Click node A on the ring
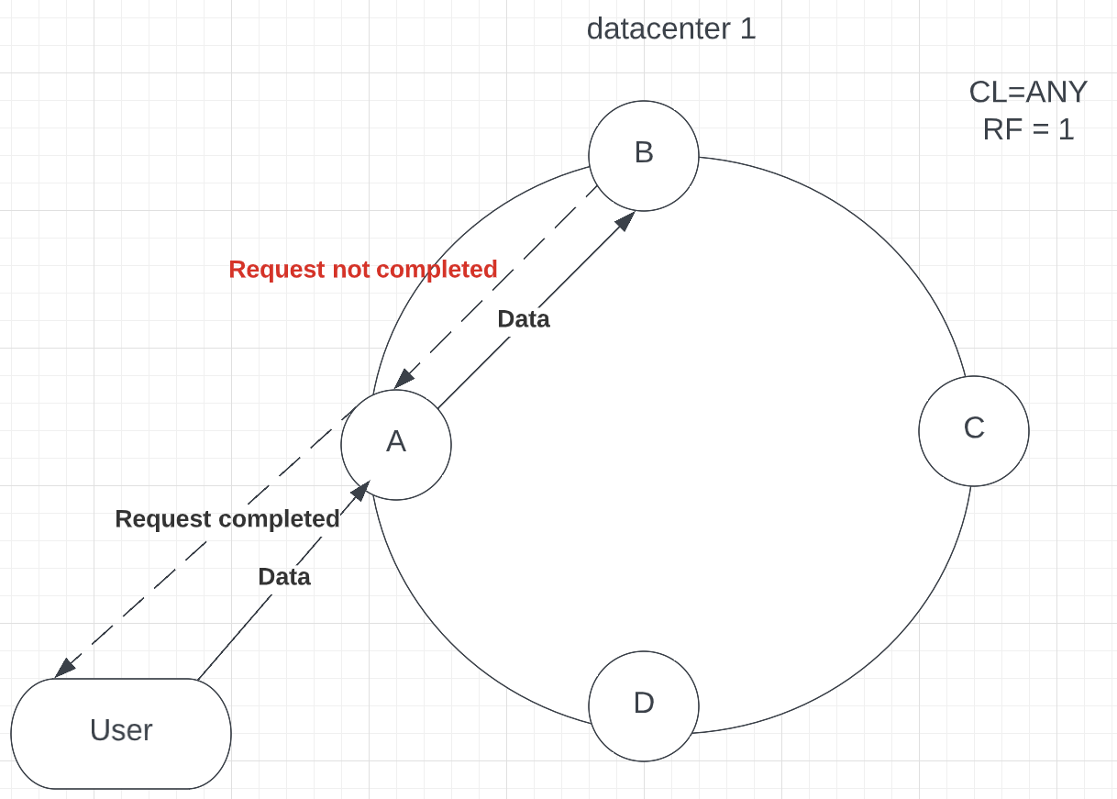(396, 445)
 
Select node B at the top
(644, 156)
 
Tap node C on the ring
(974, 430)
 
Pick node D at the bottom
(644, 705)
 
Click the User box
(121, 733)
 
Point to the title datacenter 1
(671, 29)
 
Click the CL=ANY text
(1028, 92)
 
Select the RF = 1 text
(1028, 129)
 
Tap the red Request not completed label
(363, 270)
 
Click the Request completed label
(227, 519)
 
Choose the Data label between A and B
(524, 319)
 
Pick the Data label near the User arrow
(284, 577)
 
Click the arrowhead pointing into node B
(627, 219)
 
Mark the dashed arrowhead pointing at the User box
(63, 669)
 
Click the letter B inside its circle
(644, 152)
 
